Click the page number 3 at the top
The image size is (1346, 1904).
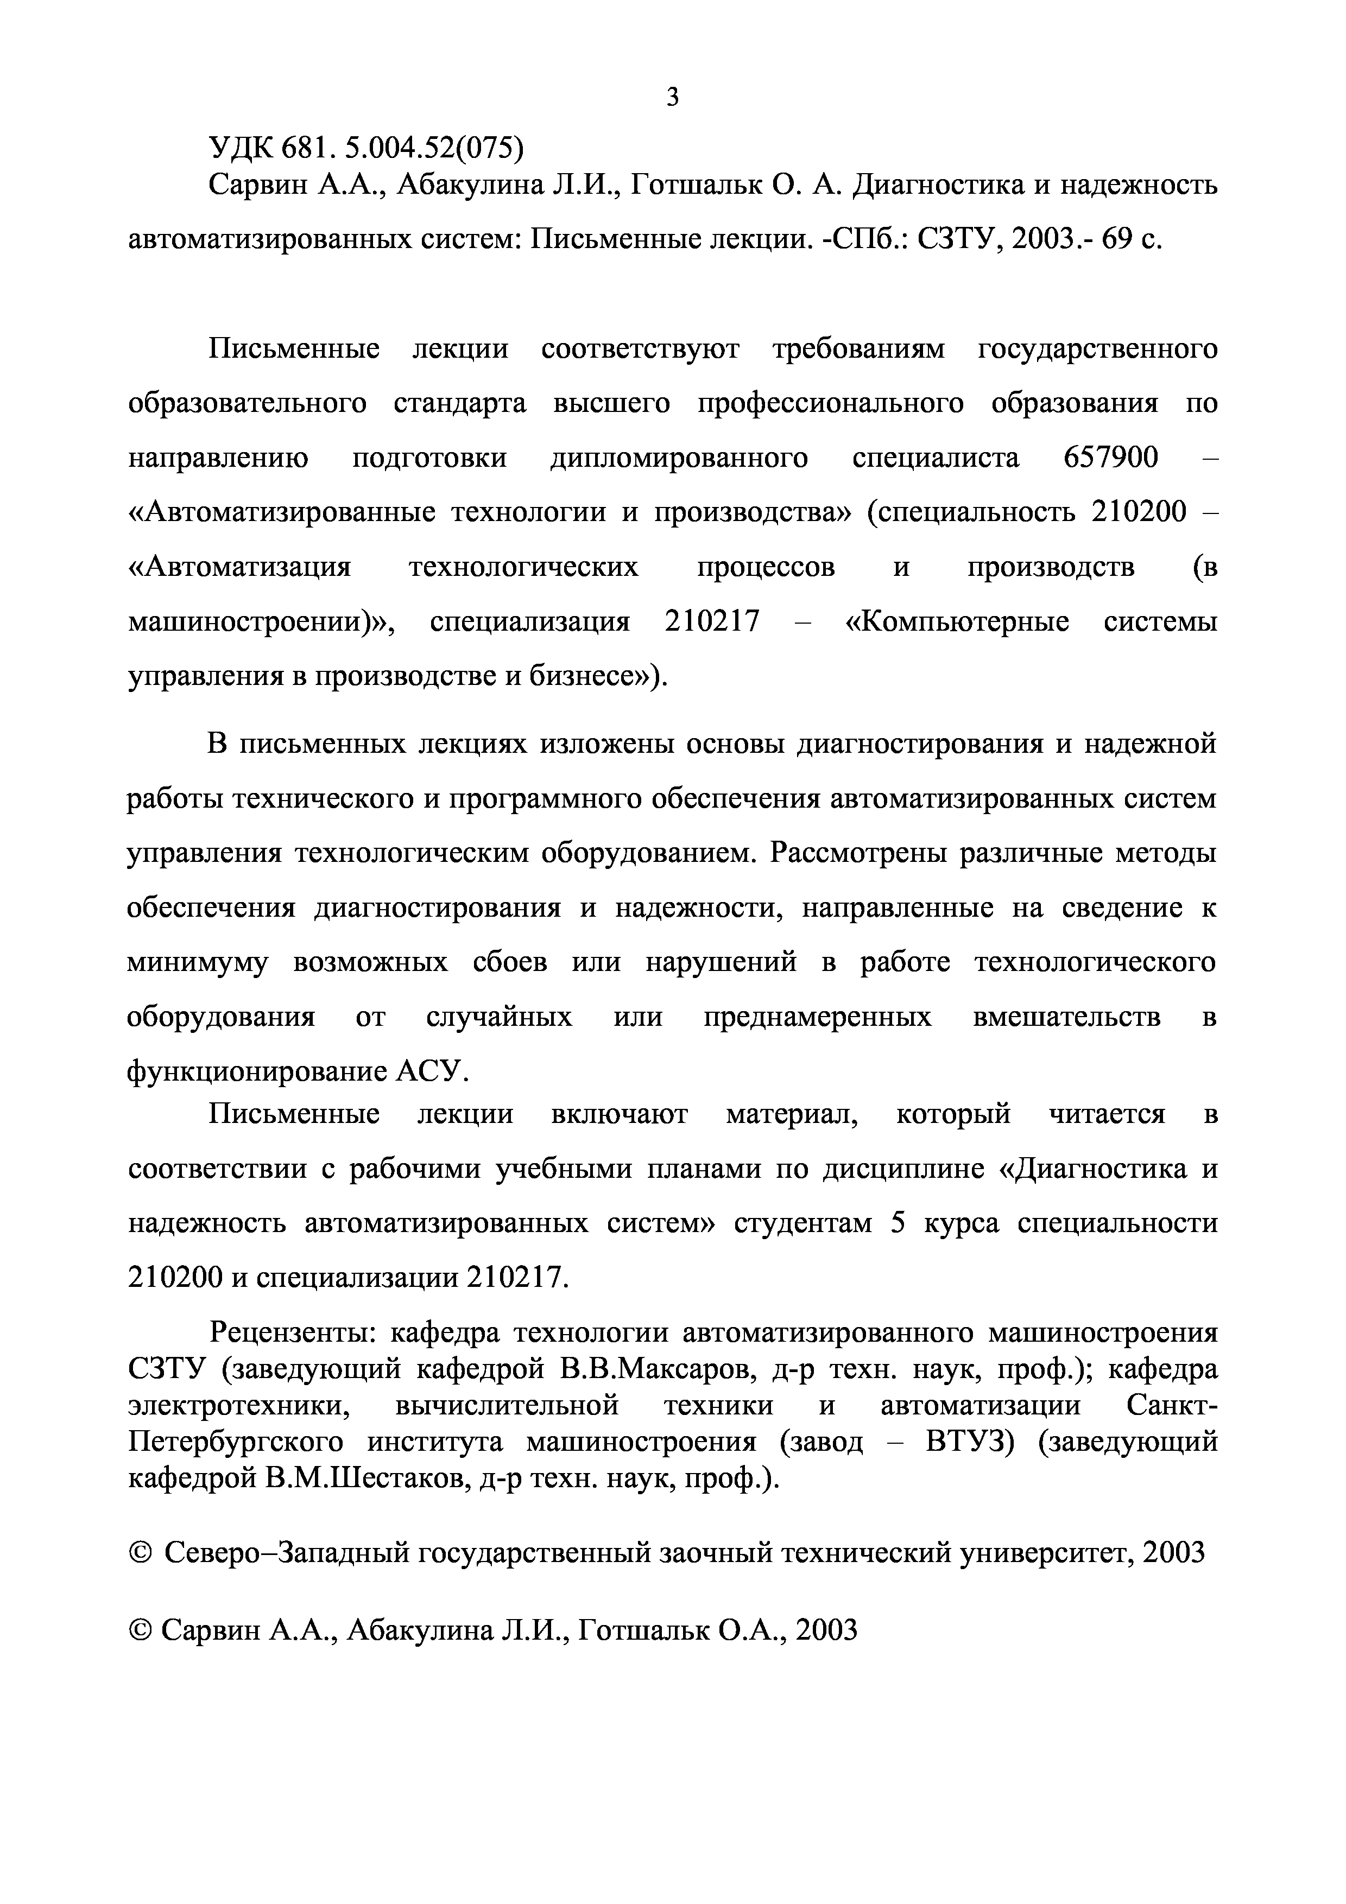pyautogui.click(x=673, y=98)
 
